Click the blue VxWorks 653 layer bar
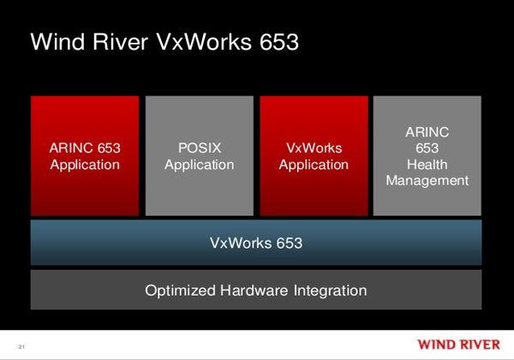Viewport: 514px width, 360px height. pyautogui.click(x=256, y=243)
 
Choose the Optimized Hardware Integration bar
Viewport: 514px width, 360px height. pyautogui.click(x=256, y=290)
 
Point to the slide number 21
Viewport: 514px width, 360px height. pyautogui.click(x=21, y=345)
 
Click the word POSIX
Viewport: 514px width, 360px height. pyautogui.click(x=199, y=147)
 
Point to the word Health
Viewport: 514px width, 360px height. pyautogui.click(x=427, y=164)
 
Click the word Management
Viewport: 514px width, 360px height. pyautogui.click(x=427, y=180)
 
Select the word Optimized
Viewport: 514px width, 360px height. pyautogui.click(x=181, y=291)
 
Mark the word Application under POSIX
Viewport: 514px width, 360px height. pyautogui.click(x=199, y=165)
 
